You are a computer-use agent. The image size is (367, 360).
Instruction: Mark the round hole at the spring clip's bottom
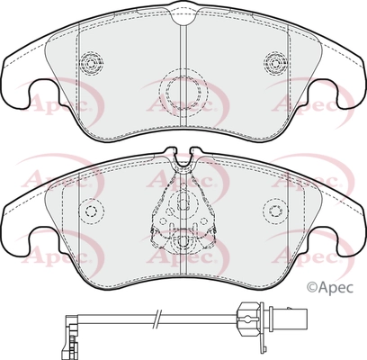coord(183,240)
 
